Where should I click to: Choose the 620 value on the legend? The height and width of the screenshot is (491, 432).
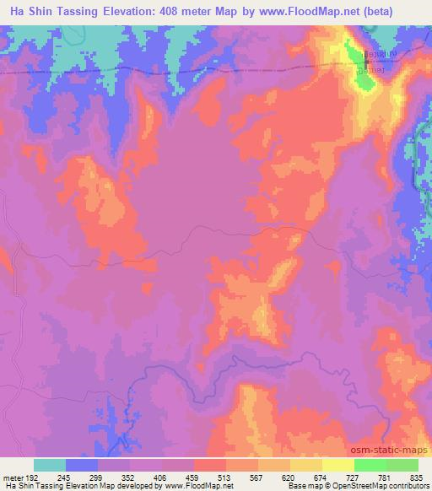coord(290,477)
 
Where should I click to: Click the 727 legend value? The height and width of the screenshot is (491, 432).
coord(354,477)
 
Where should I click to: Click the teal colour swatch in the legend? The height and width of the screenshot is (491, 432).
coord(50,465)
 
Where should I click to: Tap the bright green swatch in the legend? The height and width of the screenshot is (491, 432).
coord(370,465)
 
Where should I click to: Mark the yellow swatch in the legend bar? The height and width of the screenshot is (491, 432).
coord(338,465)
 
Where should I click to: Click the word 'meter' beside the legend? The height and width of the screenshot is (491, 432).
coord(13,477)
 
